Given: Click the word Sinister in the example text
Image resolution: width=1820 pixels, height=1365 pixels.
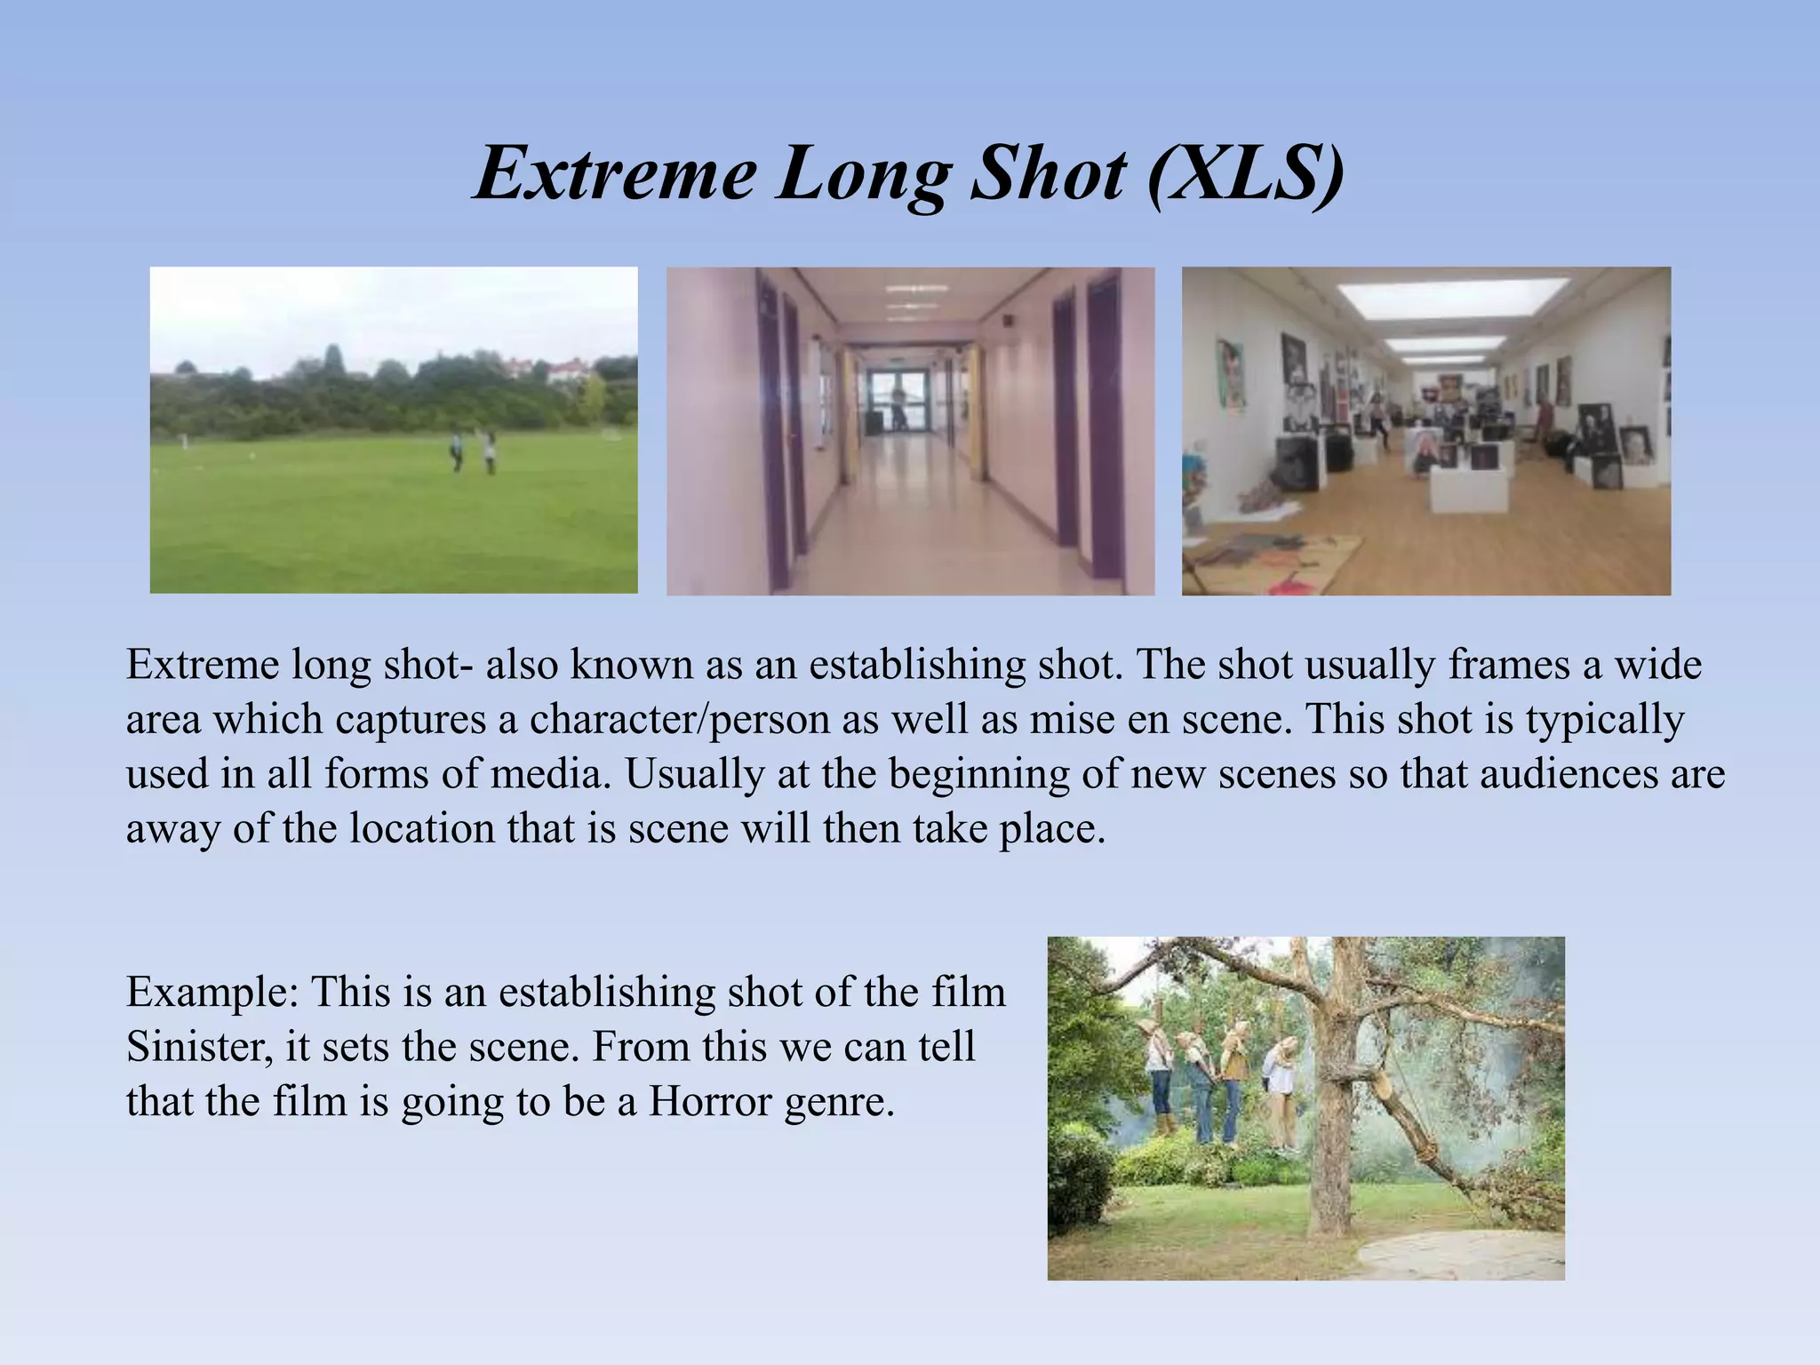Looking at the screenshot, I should [x=199, y=1047].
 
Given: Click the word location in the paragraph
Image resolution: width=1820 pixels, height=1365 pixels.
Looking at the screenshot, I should [x=421, y=829].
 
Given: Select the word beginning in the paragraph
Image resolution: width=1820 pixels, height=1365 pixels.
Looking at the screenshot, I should [x=978, y=774].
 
